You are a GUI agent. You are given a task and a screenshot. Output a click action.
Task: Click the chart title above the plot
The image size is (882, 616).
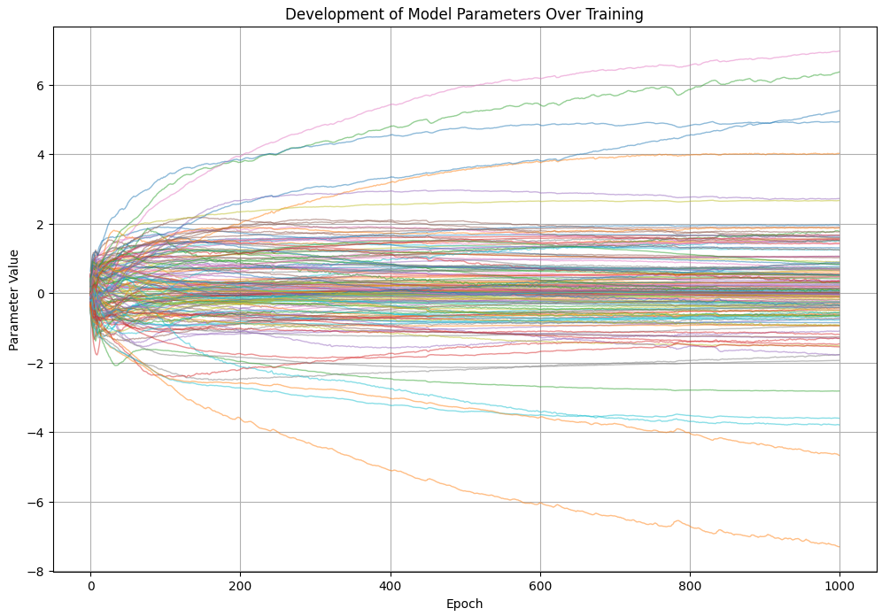[x=464, y=14]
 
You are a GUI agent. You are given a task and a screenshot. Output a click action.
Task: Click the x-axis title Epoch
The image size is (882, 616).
[x=464, y=604]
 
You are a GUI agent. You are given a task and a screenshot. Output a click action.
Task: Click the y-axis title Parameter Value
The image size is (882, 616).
[x=14, y=299]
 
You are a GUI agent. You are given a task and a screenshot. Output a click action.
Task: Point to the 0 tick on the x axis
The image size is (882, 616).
[x=90, y=584]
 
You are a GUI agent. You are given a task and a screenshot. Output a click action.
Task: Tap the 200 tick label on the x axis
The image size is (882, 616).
[x=240, y=584]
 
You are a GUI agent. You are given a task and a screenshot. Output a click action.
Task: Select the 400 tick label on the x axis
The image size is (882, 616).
[x=390, y=584]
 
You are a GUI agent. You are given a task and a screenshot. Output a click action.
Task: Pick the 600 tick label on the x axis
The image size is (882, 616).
[x=540, y=584]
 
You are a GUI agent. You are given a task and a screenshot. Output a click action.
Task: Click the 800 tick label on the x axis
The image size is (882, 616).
[x=690, y=584]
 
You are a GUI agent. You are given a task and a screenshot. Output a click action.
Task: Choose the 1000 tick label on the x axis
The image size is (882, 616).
[x=839, y=584]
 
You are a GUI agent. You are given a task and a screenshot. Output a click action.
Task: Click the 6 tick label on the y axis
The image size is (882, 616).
[x=39, y=85]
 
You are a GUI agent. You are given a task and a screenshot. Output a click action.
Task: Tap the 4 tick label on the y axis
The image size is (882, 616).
[x=39, y=155]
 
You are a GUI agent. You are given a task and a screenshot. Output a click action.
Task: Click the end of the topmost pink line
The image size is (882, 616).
[x=839, y=51]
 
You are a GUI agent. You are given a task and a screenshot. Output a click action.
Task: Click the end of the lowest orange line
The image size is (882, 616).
[x=839, y=547]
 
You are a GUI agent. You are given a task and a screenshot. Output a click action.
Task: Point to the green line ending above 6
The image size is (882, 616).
[x=839, y=73]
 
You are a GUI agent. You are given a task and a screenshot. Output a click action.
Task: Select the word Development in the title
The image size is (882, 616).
[x=327, y=14]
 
